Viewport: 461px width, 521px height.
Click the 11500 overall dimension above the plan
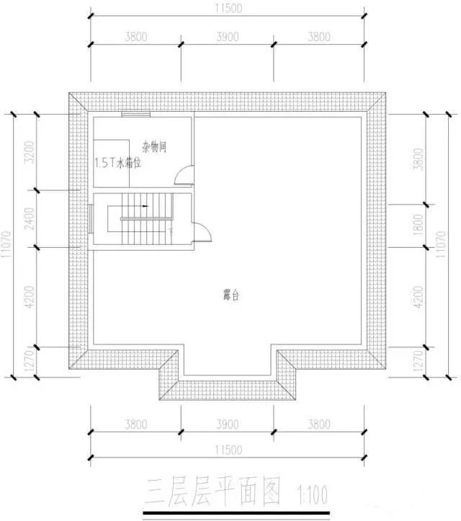tap(228, 9)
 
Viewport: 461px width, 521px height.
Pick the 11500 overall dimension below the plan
tap(228, 450)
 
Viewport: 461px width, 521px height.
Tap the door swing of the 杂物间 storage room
tap(187, 177)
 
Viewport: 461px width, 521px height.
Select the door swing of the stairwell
tap(202, 231)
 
